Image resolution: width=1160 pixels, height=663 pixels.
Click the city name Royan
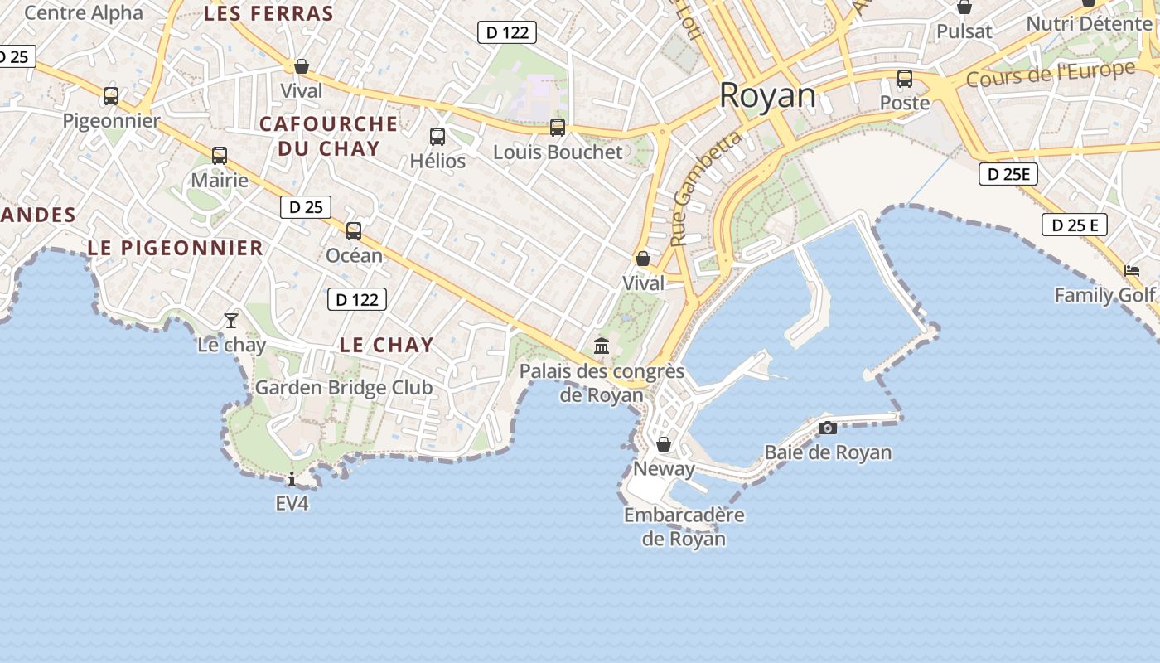coord(767,95)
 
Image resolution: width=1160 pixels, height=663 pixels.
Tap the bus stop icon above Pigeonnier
coord(111,96)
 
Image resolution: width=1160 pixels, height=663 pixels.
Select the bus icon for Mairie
coord(220,156)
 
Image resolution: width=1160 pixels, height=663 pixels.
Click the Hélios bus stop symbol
coord(437,137)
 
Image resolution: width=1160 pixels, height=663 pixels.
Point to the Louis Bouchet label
coord(557,152)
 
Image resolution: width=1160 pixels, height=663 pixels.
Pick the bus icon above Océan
coord(354,231)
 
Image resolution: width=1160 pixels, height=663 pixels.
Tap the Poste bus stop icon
coord(905,80)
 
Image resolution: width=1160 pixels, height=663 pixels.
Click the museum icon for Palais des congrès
coord(602,346)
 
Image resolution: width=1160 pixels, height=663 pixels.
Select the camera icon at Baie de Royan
coord(827,428)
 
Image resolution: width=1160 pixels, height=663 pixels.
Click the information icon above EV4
coord(292,479)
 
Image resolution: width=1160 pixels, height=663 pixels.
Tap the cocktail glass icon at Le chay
coord(231,320)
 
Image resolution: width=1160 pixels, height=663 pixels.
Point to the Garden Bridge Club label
coord(343,387)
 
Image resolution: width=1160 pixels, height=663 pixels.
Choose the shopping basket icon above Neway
coord(663,445)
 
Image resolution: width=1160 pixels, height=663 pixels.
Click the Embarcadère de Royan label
coord(684,527)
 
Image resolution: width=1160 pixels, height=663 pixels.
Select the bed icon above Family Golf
coord(1131,271)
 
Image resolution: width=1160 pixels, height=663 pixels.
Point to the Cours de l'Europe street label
coord(1051,74)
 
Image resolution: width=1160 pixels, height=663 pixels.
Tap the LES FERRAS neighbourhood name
coord(268,13)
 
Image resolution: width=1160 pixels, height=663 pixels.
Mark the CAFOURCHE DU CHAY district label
coord(328,136)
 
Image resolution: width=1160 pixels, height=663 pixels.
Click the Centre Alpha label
coord(84,12)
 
